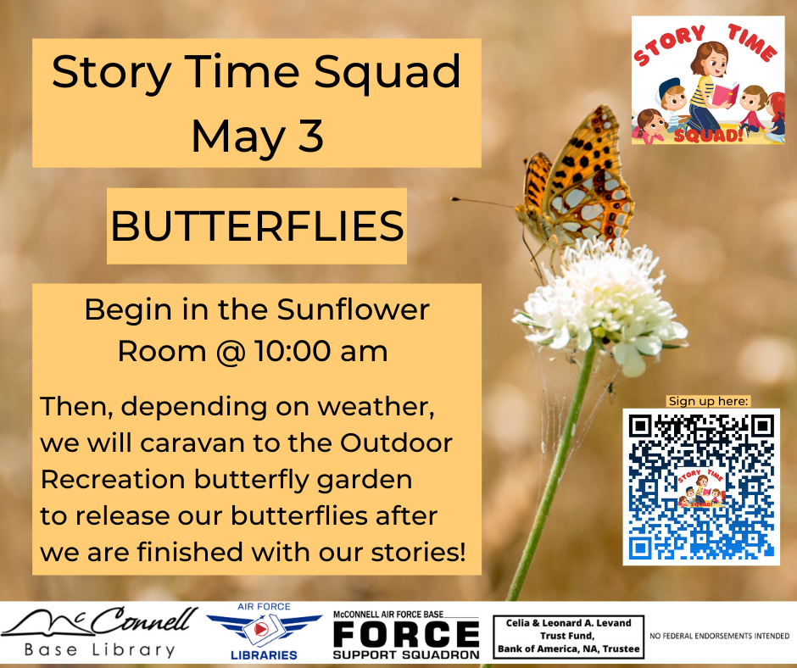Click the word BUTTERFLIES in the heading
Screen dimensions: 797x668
pos(257,226)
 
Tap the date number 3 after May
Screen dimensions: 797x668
pos(310,136)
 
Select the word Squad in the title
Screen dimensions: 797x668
pos(387,72)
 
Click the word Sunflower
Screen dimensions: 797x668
pos(354,309)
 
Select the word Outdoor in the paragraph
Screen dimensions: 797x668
pos(396,443)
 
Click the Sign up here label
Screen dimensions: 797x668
pos(708,401)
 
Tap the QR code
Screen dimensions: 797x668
pos(701,487)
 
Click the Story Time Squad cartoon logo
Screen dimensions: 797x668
pos(708,81)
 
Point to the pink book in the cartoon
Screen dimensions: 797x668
pos(725,95)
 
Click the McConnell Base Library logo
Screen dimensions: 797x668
pos(99,632)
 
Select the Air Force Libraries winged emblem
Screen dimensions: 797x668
pos(264,631)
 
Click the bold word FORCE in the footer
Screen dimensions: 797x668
pos(406,634)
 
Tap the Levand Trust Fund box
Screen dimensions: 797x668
pos(568,636)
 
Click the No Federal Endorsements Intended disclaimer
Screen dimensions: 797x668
pos(719,636)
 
